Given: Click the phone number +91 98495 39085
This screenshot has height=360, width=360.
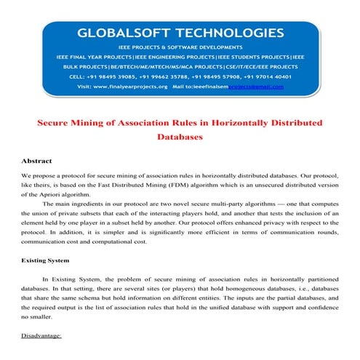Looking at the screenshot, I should (x=113, y=75).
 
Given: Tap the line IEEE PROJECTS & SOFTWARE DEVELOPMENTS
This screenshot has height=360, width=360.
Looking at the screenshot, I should (x=180, y=46).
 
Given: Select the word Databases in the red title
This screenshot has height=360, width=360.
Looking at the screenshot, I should (x=179, y=136).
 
